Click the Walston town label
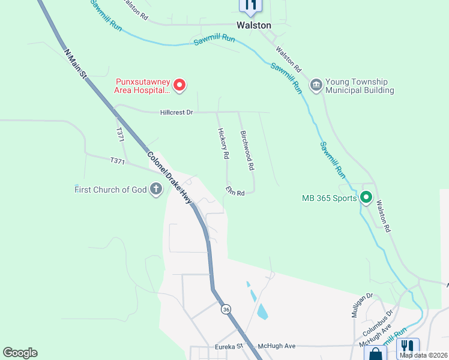[x=254, y=25]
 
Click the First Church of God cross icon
[x=155, y=190]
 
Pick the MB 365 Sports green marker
[x=366, y=197]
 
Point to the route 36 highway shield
[x=226, y=309]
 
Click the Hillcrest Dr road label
[x=176, y=112]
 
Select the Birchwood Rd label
[x=247, y=149]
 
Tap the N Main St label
[x=76, y=65]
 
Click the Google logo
[x=20, y=353]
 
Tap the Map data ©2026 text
[x=424, y=355]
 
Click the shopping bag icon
[x=376, y=353]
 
